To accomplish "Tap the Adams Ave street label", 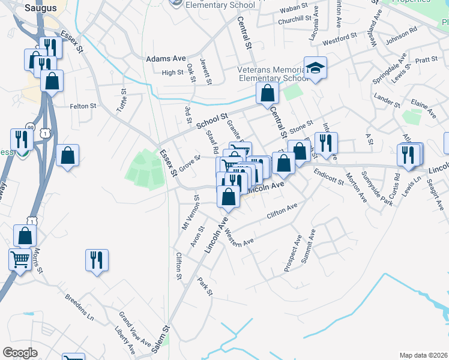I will coord(166,59).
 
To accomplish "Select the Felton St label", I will coord(83,106).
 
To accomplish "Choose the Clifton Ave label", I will coord(282,211).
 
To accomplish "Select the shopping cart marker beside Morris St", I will coord(20,259).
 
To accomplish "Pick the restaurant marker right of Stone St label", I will coord(326,143).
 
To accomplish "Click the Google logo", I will coord(20,352).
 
